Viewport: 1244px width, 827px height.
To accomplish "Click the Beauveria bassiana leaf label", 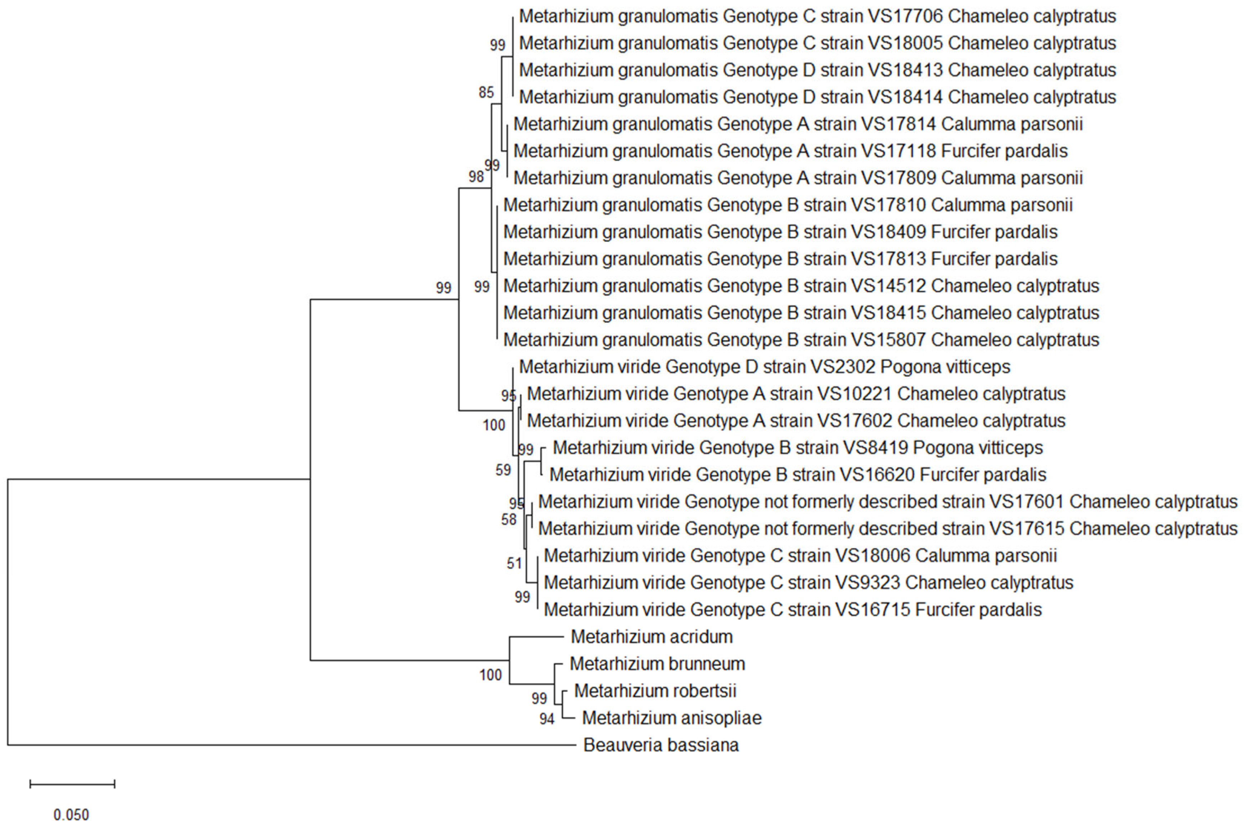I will pyautogui.click(x=661, y=745).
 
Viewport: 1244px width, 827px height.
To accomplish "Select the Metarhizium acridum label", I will pyautogui.click(x=651, y=636).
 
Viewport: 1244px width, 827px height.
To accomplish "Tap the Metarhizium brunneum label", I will pyautogui.click(x=657, y=663).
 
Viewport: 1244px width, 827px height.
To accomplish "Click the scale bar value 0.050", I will pyautogui.click(x=71, y=815).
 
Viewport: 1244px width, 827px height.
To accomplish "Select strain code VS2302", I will pyautogui.click(x=842, y=367).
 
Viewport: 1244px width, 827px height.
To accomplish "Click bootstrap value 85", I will pyautogui.click(x=486, y=93).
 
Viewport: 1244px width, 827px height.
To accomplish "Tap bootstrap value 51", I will pyautogui.click(x=514, y=564).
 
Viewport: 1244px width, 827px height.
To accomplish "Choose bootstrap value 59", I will pyautogui.click(x=503, y=470).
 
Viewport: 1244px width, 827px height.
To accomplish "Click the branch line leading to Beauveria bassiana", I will pyautogui.click(x=290, y=745).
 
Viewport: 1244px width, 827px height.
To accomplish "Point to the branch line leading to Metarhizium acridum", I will pyautogui.click(x=536, y=636).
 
